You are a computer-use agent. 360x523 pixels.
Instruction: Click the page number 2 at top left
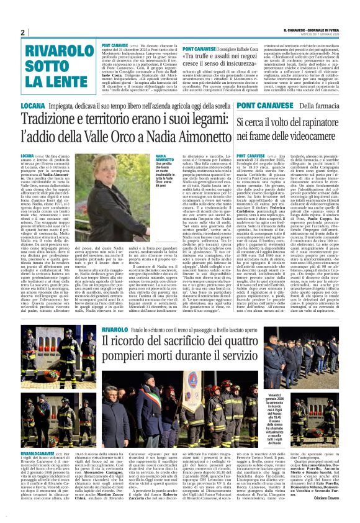pos(22,32)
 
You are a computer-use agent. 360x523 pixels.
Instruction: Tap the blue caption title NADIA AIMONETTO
pos(164,158)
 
